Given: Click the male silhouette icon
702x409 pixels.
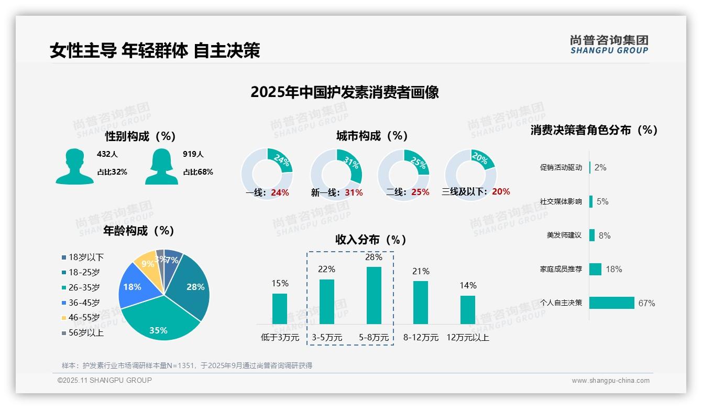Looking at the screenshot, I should pos(74,167).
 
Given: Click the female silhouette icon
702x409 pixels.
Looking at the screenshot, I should pos(161,167).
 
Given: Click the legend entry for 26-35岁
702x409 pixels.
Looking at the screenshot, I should pos(84,287).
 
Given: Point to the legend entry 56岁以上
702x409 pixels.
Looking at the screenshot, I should pos(86,332).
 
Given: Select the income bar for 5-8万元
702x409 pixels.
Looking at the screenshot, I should pos(374,295).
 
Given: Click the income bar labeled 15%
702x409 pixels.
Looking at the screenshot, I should pos(280,308).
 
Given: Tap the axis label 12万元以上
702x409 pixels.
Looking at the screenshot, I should pos(468,338).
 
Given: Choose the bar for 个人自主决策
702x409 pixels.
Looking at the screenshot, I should pos(611,303).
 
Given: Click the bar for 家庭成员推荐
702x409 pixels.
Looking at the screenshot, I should pos(595,269).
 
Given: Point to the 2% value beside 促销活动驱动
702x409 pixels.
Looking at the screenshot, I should pos(600,167).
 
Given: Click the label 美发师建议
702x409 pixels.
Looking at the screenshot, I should pos(564,235).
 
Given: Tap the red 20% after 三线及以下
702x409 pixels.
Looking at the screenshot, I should pos(501,192).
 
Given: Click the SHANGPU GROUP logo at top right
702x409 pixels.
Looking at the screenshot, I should pos(609,45).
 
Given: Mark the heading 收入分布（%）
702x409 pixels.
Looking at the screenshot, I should pos(371,240).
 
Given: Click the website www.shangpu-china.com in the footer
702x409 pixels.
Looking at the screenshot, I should pos(610,381).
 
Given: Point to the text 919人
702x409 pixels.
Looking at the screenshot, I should pos(193,154).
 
